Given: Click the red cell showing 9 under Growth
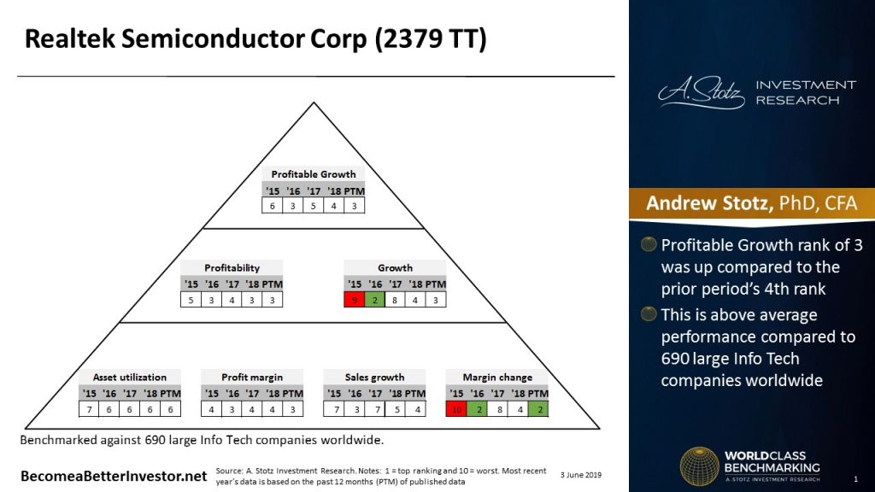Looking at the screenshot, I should [x=355, y=300].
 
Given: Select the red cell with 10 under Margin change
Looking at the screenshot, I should [x=457, y=409].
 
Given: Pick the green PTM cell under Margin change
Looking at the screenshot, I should [x=538, y=409].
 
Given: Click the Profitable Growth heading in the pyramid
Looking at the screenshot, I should [x=314, y=174].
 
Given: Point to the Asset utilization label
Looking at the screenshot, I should [x=130, y=377].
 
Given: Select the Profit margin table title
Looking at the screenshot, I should [x=252, y=377].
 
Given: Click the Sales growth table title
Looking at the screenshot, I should [x=374, y=377].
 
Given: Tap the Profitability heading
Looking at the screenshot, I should [x=232, y=267].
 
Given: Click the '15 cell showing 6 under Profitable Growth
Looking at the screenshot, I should [x=273, y=207].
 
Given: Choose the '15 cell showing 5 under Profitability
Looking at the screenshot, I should [x=191, y=300].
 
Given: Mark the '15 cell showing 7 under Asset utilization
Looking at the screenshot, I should [x=90, y=409].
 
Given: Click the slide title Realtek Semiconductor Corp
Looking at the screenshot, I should [x=255, y=40].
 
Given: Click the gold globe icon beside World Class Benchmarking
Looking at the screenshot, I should [x=699, y=466].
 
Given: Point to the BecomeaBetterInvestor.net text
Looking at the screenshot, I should [x=114, y=475].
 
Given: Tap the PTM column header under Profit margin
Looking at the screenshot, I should [x=293, y=394].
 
